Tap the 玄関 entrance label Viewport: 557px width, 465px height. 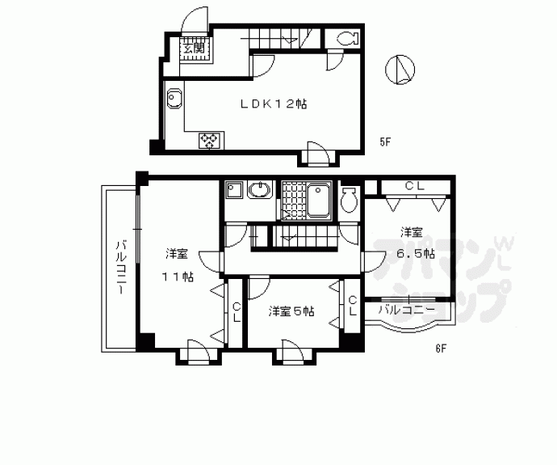pos(193,49)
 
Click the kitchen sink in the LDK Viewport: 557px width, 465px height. pos(176,100)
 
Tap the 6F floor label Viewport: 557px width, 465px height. pos(441,349)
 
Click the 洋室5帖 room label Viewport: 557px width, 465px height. pos(291,311)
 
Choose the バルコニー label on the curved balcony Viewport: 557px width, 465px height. pos(407,309)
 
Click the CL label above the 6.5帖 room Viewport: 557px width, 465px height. pos(414,186)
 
